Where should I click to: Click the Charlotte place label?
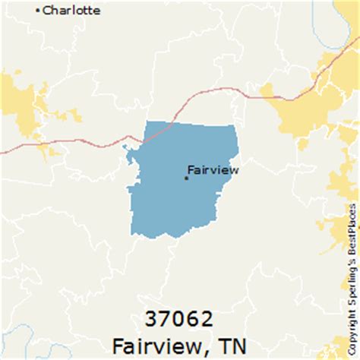[x=71, y=11]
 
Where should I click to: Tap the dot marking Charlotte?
[x=38, y=11]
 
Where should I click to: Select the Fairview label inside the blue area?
[x=213, y=169]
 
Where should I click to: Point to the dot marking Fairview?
[x=186, y=178]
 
